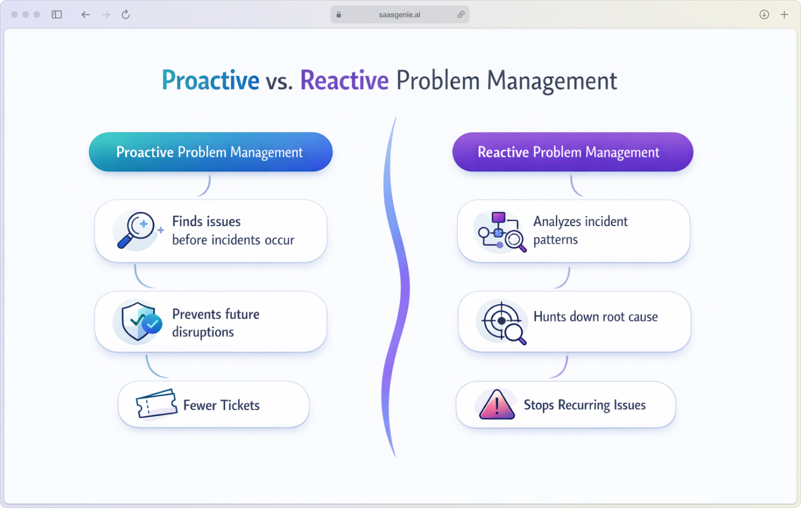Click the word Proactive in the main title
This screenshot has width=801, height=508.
coord(210,81)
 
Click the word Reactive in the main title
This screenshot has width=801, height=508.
coord(344,81)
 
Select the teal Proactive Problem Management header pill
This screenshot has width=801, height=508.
coord(210,152)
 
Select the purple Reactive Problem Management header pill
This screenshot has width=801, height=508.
coord(572,152)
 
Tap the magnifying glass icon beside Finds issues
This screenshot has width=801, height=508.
coord(135,230)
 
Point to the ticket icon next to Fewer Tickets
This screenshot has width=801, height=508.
coord(156,404)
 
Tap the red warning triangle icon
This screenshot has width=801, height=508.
coord(496,405)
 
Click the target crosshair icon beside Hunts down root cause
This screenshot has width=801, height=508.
coord(502,321)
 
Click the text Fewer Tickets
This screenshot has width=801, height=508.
coord(221,405)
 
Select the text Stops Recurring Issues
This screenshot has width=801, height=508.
coord(585,405)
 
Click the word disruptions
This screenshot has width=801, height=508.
coord(203,332)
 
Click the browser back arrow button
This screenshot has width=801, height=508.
coord(85,14)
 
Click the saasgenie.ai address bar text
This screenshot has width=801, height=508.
coord(399,15)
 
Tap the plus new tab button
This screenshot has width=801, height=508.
coord(784,14)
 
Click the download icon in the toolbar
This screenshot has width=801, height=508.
coord(764,14)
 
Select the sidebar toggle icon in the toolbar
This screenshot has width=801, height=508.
coord(57,14)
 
